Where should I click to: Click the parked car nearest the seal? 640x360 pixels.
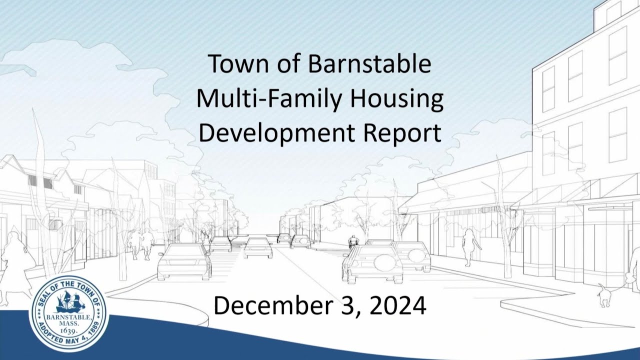pos(184,261)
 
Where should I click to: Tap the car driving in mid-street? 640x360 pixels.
pos(258,247)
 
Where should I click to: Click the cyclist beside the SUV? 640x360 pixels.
pos(354,241)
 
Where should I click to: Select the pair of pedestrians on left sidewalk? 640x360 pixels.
pos(141,244)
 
